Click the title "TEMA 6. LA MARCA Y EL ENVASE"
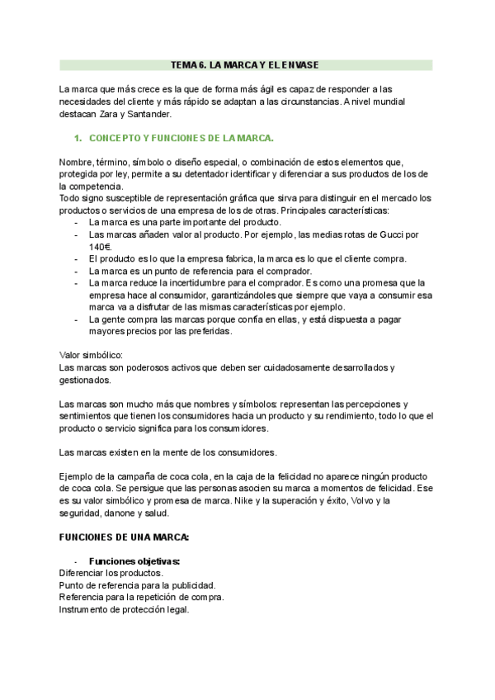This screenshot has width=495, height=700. [x=245, y=64]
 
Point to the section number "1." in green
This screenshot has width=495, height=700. [x=79, y=138]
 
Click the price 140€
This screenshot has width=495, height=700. [x=99, y=246]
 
